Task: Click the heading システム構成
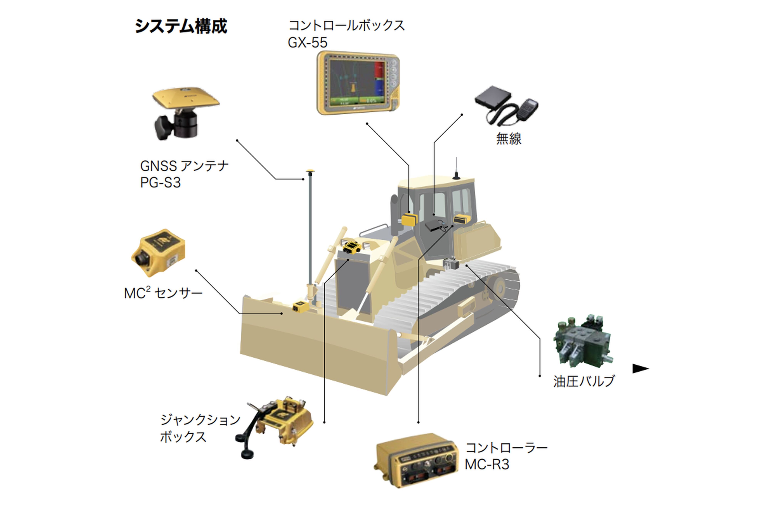coord(181,26)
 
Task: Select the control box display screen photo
coord(358,83)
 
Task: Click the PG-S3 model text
coord(160,182)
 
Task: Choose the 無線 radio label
coord(508,138)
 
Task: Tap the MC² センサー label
coord(163,293)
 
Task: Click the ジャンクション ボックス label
coord(200,428)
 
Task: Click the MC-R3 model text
coord(487,465)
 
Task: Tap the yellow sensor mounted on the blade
coord(299,306)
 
